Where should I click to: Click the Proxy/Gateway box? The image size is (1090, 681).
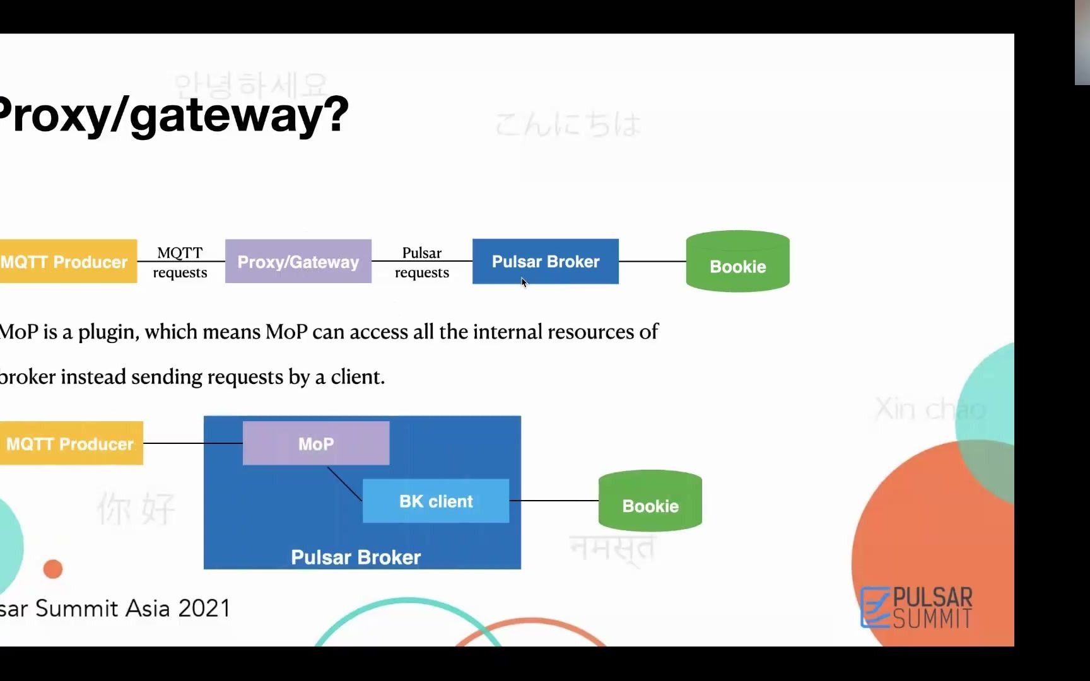(x=298, y=261)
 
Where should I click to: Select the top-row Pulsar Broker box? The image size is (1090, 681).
(x=545, y=261)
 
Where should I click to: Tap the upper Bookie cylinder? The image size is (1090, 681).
(x=737, y=262)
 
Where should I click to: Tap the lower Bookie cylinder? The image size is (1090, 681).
(x=650, y=501)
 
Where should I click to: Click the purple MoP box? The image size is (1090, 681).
(x=315, y=443)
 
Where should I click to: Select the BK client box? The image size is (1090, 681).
(x=435, y=501)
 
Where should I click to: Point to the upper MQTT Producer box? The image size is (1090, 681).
(x=67, y=261)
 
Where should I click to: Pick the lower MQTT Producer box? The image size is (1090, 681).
(x=71, y=443)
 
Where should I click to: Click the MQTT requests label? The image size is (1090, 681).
(x=180, y=262)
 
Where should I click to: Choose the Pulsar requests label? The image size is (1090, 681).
(x=422, y=262)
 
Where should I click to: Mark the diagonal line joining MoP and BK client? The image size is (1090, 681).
(x=344, y=484)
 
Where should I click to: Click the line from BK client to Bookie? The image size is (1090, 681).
(x=553, y=501)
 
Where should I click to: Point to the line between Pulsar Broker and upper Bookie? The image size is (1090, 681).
(x=652, y=261)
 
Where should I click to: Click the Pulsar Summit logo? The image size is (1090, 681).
(x=917, y=607)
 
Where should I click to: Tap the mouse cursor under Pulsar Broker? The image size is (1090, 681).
(x=524, y=282)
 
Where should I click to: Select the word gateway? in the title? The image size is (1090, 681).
(x=239, y=115)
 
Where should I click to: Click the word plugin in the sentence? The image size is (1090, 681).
(x=108, y=332)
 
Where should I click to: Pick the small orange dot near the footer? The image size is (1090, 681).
(x=53, y=569)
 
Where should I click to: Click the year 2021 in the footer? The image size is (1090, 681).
(x=204, y=608)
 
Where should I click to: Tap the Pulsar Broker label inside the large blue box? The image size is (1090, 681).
(x=356, y=557)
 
